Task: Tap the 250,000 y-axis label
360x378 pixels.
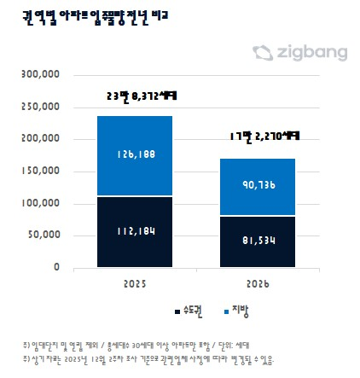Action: pyautogui.click(x=43, y=108)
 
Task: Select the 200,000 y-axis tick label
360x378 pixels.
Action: pyautogui.click(x=43, y=137)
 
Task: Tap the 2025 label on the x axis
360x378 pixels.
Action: pyautogui.click(x=135, y=281)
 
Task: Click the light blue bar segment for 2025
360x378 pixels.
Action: pyautogui.click(x=135, y=156)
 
